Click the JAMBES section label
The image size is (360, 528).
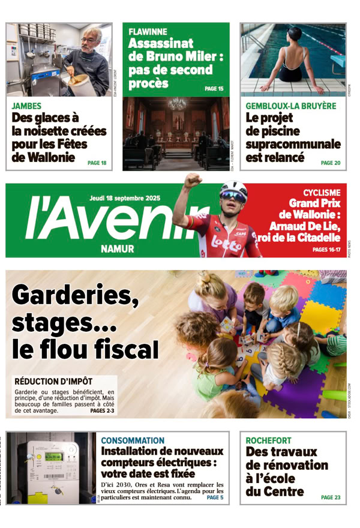click(x=27, y=106)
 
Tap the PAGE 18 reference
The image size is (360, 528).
click(x=97, y=163)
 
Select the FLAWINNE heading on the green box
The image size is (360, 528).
click(x=148, y=31)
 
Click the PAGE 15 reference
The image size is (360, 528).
click(x=214, y=89)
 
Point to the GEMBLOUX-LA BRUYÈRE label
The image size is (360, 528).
click(x=291, y=106)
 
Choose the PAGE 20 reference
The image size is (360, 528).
click(x=330, y=163)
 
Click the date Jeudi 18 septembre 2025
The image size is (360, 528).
click(x=125, y=198)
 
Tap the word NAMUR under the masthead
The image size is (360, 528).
click(x=118, y=248)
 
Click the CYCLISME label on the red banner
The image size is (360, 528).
click(x=321, y=193)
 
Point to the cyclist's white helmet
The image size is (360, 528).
click(x=233, y=189)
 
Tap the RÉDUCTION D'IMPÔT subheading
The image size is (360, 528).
click(x=53, y=381)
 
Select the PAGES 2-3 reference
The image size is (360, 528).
click(x=102, y=411)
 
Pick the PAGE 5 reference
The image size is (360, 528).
click(x=214, y=497)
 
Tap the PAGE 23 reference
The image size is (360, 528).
click(x=330, y=497)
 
